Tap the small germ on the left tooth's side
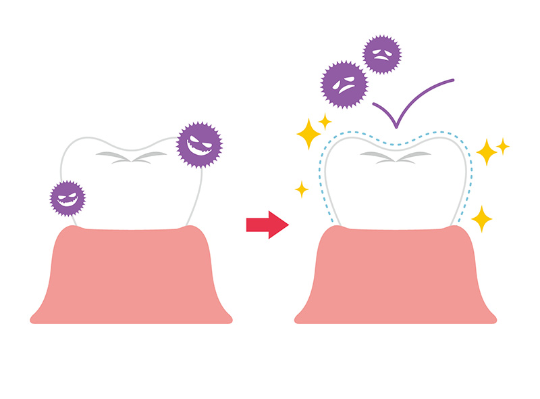coord(68,198)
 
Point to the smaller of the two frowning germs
coord(382,55)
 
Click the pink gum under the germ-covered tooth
coord(132,277)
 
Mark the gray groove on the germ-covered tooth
coord(132,158)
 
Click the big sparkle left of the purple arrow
coord(308,133)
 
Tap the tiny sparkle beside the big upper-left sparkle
coord(325,121)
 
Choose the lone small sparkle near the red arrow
coord(301,189)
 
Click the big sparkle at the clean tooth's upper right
coord(486,152)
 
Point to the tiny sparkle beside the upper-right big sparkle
coord(503,145)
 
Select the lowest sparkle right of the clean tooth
coord(481,218)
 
